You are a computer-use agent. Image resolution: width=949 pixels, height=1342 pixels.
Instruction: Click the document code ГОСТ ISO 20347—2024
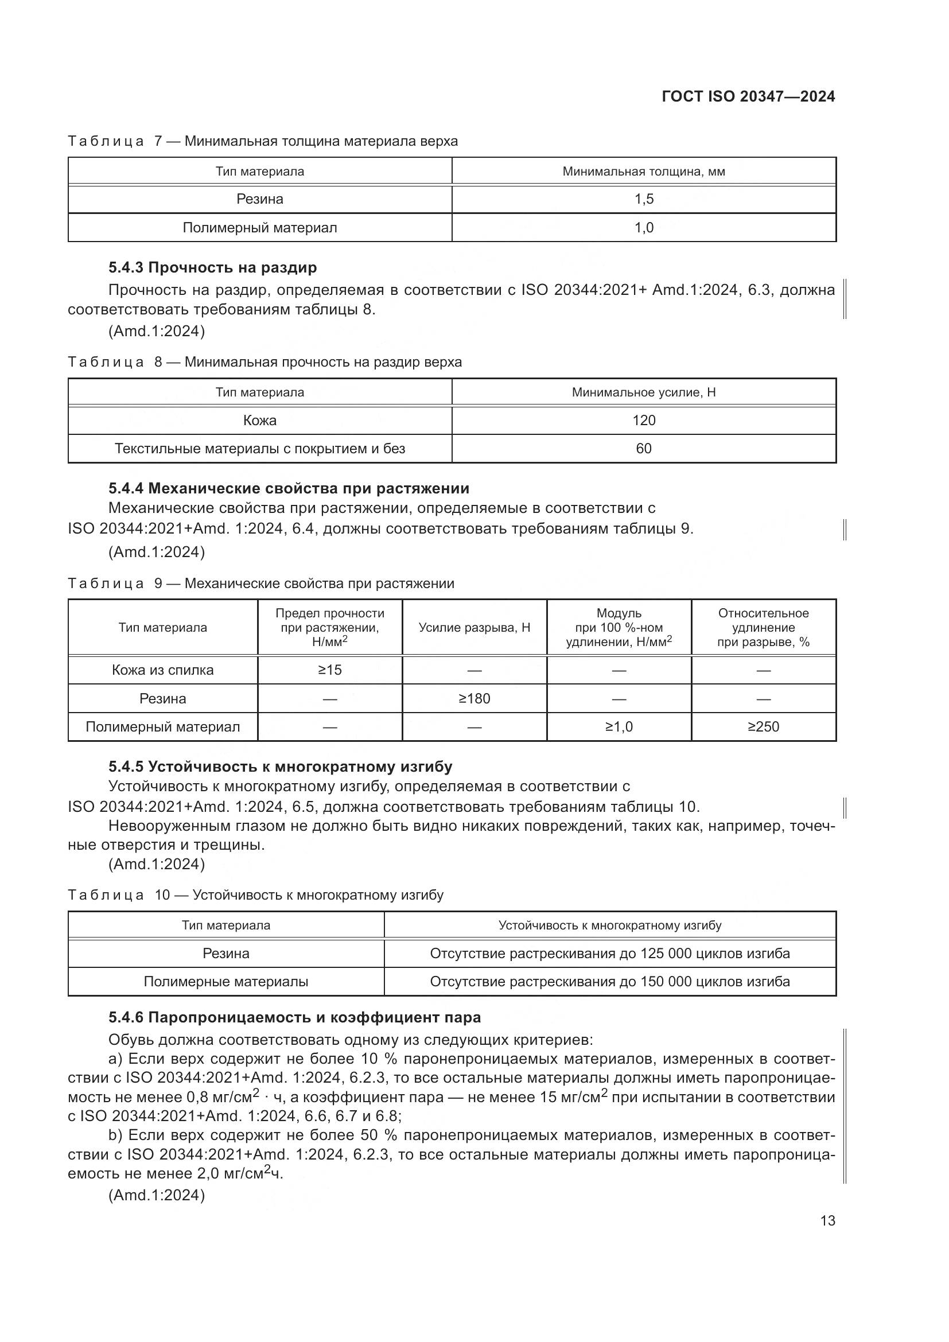point(748,96)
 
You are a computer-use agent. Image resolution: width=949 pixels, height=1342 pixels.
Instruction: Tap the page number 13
point(827,1220)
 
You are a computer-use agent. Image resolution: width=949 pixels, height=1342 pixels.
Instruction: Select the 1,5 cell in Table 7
point(643,199)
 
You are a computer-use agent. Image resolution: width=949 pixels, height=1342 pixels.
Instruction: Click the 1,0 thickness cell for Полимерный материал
point(643,227)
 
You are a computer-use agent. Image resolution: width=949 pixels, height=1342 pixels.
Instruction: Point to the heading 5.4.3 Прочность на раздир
point(213,268)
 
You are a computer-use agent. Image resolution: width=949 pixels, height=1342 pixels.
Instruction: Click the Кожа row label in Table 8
point(259,420)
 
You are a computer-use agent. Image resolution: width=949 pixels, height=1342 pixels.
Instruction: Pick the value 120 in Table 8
point(643,420)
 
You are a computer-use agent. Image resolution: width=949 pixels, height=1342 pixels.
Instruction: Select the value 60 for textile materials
point(643,448)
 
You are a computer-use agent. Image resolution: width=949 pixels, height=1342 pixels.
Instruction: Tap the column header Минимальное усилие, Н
point(643,392)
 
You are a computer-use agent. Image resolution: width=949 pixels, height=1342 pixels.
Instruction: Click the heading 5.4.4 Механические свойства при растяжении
point(289,488)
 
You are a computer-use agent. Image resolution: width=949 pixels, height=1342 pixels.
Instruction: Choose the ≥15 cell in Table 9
point(329,670)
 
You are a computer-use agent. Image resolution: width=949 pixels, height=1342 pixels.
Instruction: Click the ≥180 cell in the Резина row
point(474,698)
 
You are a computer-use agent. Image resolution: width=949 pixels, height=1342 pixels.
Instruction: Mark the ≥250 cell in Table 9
point(763,726)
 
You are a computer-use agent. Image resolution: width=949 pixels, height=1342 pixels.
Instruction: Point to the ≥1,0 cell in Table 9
point(619,726)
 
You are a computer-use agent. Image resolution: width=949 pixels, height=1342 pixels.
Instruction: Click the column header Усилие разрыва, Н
point(474,628)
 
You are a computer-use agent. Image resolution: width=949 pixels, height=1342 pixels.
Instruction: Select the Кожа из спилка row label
point(162,670)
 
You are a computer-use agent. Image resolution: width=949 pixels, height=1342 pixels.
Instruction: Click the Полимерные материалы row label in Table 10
point(225,981)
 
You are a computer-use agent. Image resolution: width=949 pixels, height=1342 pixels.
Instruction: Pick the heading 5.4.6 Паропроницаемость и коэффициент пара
point(294,1018)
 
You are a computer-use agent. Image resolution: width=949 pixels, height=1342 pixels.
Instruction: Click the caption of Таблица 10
point(255,895)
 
